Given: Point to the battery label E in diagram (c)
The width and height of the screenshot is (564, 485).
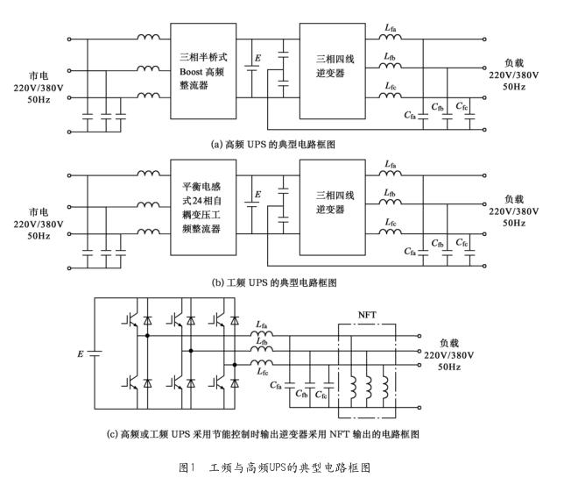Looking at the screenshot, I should pyautogui.click(x=81, y=354).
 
